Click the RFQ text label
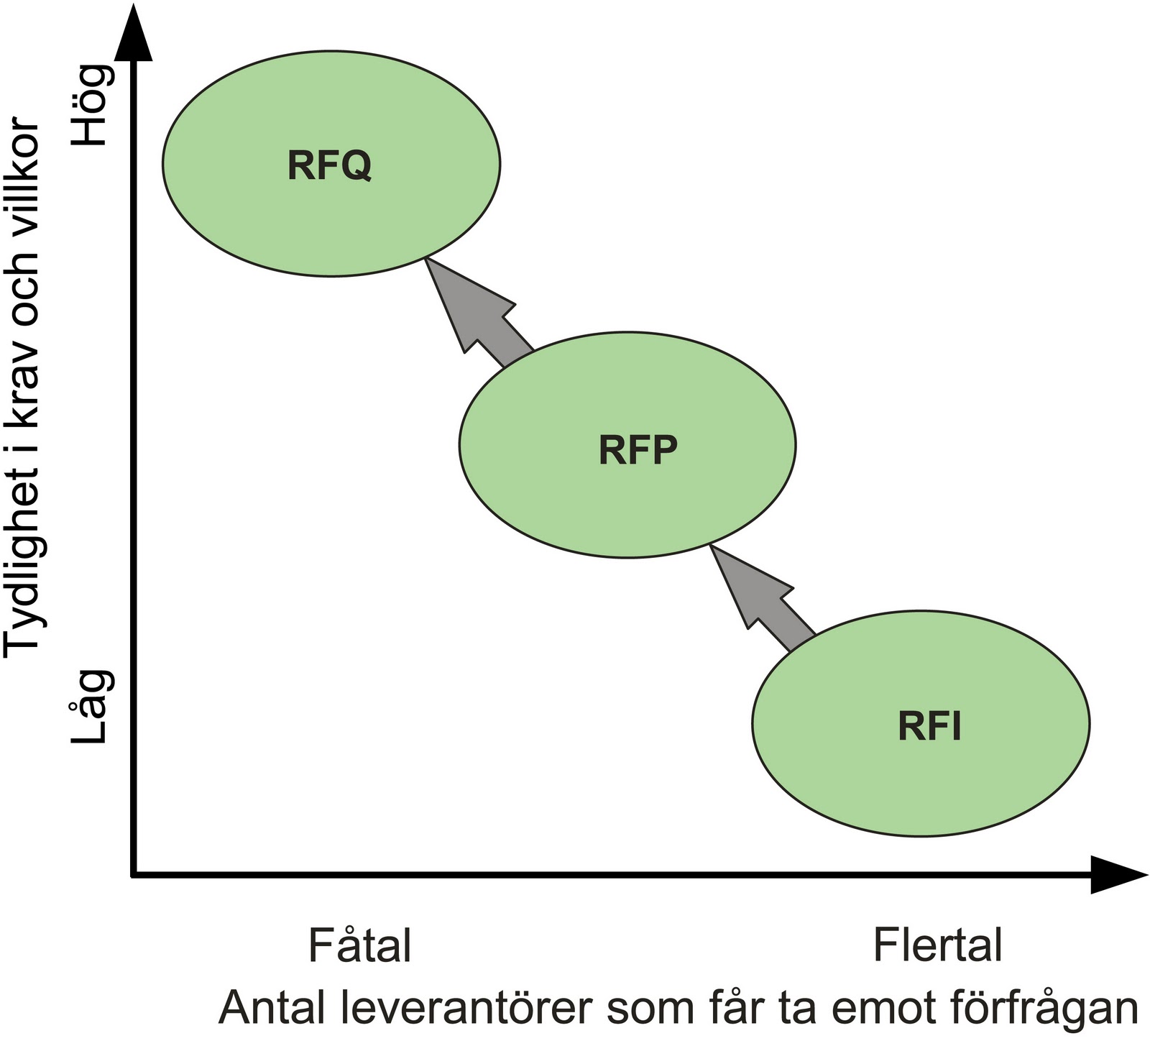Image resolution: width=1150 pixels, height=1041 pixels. point(329,165)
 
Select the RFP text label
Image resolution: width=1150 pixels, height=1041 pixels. point(638,451)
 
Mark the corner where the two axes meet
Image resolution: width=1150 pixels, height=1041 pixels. point(134,874)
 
